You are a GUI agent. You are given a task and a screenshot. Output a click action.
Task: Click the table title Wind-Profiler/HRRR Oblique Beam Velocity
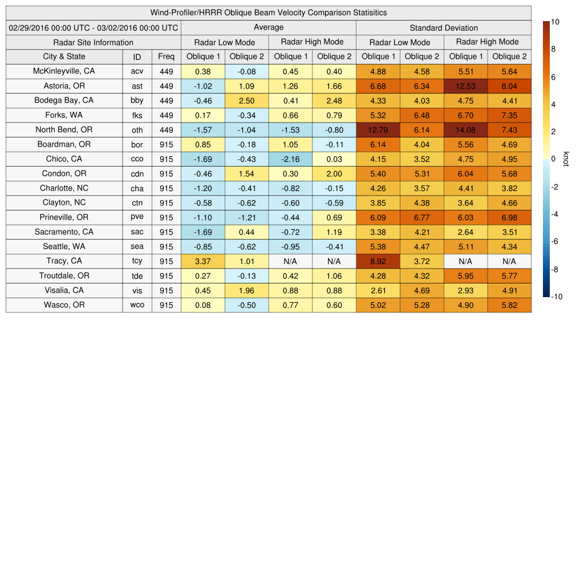point(269,13)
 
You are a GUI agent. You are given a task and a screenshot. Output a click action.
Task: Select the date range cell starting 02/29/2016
point(94,27)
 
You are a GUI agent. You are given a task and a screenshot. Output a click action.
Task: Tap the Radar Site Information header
point(94,42)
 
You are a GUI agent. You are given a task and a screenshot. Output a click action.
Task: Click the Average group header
point(268,27)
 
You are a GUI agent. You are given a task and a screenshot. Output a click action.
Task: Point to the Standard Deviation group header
point(444,27)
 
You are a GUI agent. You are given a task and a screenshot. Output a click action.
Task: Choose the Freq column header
point(167,56)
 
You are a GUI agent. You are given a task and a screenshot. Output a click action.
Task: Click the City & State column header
point(64,56)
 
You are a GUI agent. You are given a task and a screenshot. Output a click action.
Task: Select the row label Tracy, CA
point(64,261)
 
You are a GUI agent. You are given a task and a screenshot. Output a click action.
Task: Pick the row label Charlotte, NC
point(64,188)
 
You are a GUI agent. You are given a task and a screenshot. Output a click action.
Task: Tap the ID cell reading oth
point(137,130)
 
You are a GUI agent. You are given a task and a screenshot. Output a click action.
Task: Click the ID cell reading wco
point(137,305)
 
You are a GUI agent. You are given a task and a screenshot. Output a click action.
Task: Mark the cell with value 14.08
point(465,130)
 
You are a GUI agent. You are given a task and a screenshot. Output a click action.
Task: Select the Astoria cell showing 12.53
point(465,86)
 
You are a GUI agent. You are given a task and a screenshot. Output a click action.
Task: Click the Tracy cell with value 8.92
point(378,261)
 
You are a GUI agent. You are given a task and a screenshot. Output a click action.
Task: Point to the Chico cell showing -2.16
point(290,159)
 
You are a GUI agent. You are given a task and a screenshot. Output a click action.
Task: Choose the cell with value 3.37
point(203,261)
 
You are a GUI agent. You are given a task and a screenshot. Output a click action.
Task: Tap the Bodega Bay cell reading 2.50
point(246,101)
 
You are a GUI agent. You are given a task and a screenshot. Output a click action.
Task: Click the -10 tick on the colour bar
point(557,297)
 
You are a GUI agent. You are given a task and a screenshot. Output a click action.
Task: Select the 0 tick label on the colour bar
point(554,159)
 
